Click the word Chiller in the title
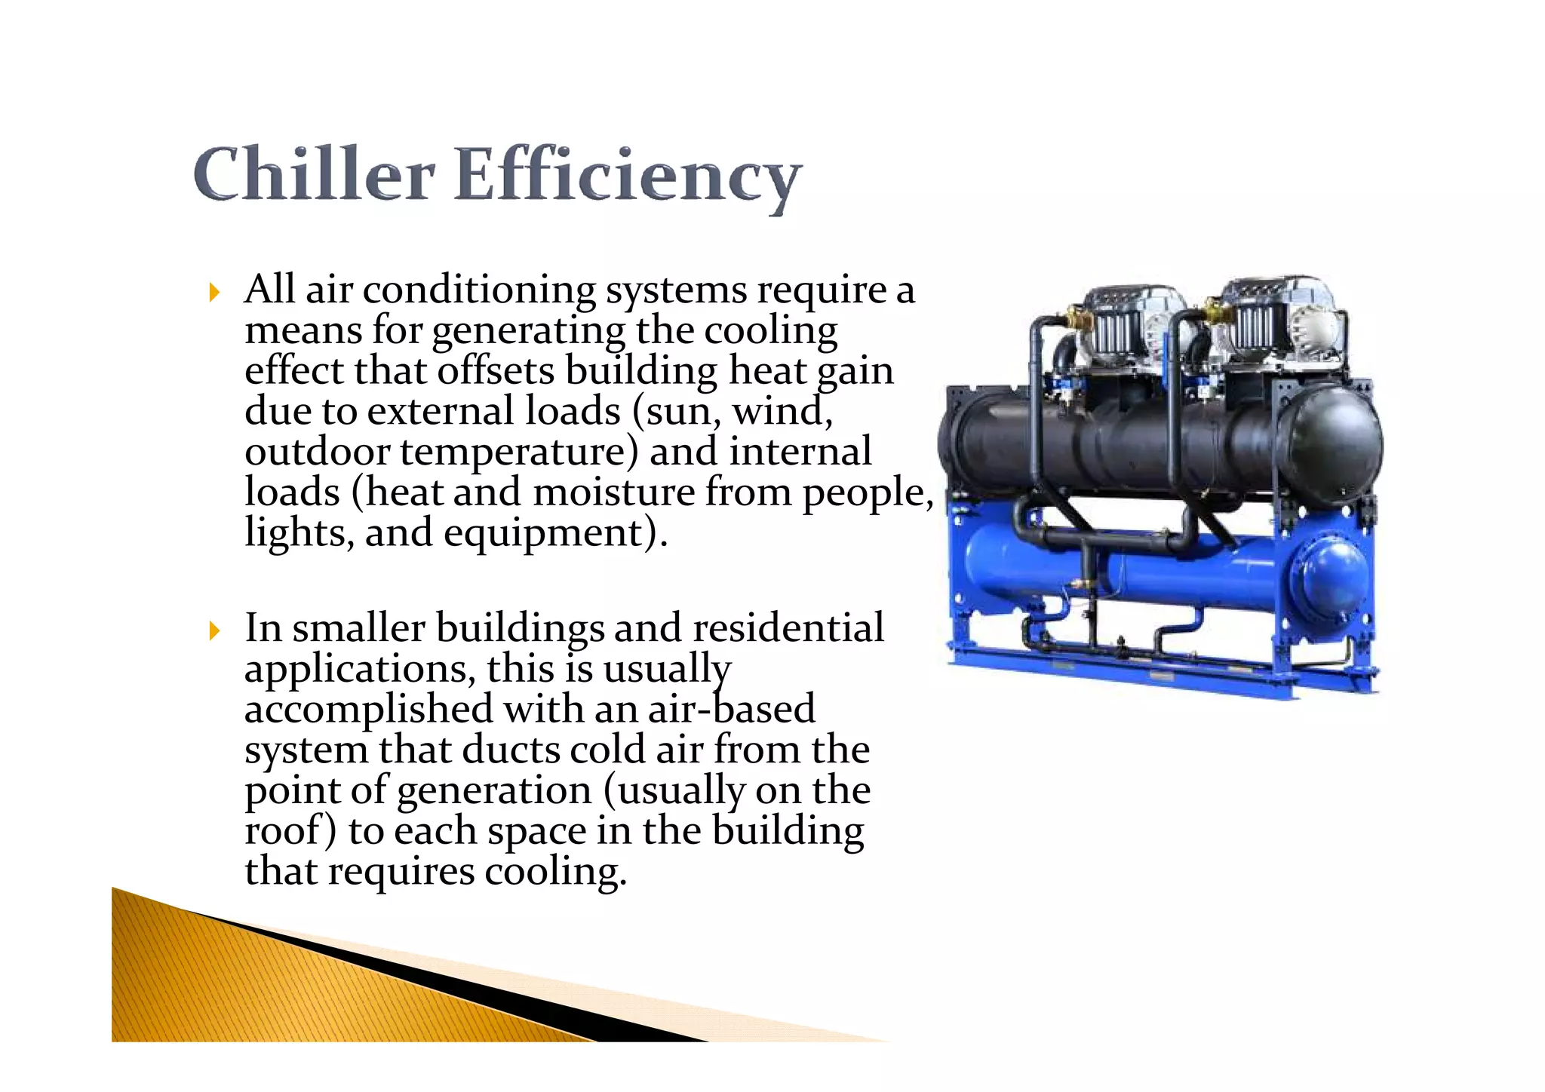coord(313,175)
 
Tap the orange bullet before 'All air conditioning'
coord(215,293)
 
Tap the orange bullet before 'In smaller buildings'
coord(215,630)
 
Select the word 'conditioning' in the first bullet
coord(479,290)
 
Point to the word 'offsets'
coord(495,371)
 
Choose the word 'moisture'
coord(613,492)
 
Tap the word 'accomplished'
coord(369,710)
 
